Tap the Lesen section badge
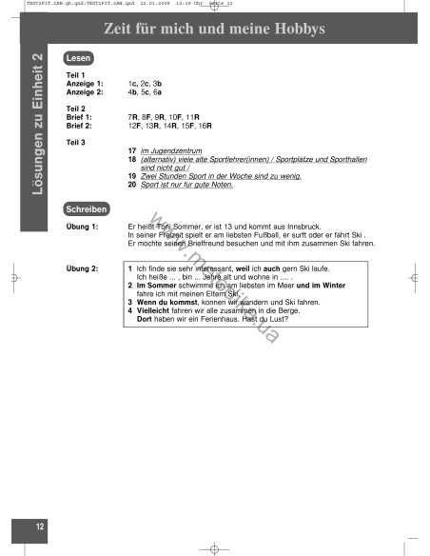point(78,58)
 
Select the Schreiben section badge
point(86,208)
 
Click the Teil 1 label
point(76,75)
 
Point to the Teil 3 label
point(76,142)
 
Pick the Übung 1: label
point(82,227)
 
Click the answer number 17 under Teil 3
point(131,151)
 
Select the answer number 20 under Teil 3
point(131,185)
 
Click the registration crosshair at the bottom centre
point(215,547)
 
